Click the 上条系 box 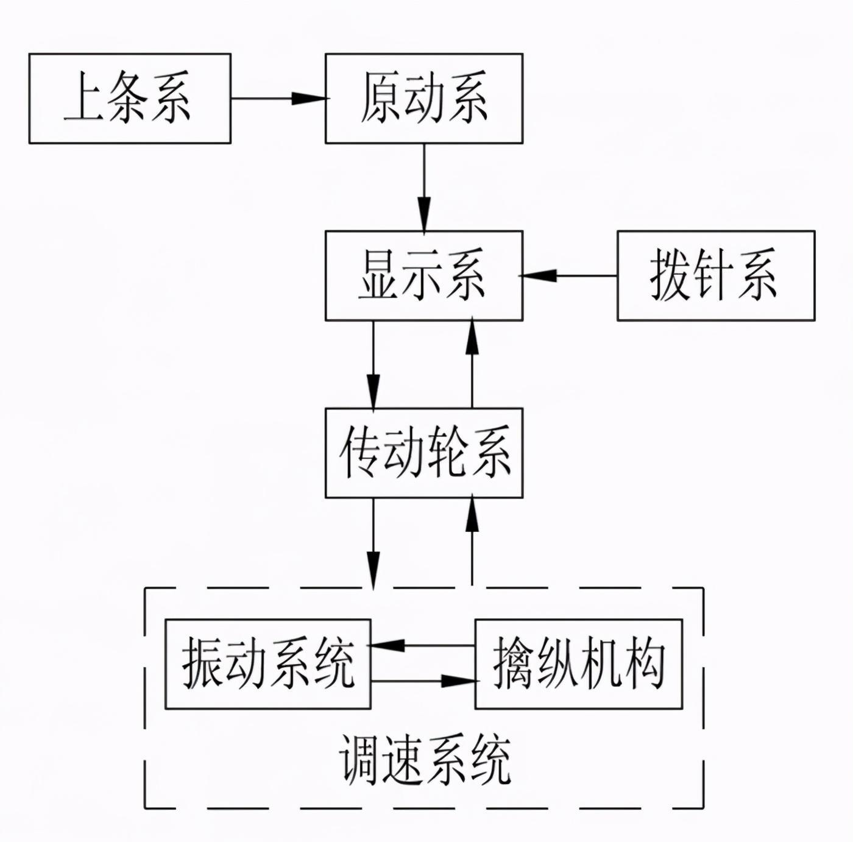point(130,98)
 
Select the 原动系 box point(424,98)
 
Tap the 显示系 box point(424,275)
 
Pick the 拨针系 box point(717,275)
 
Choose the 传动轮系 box point(424,453)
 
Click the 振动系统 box point(268,664)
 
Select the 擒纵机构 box point(579,664)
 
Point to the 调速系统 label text point(425,760)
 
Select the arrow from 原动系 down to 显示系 point(425,187)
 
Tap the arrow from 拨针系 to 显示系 point(568,275)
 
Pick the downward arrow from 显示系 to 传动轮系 point(373,364)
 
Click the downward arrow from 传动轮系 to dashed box point(373,544)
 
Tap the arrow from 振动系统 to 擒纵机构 point(424,681)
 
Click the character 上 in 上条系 point(84,97)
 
